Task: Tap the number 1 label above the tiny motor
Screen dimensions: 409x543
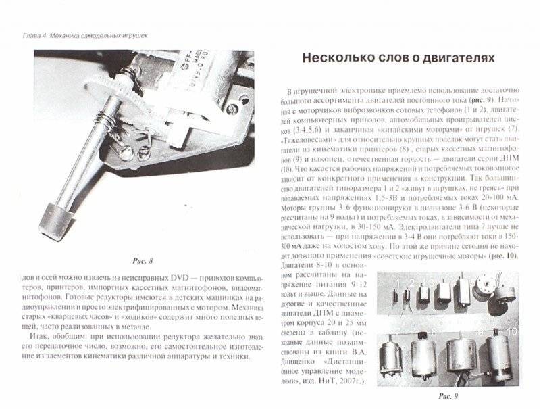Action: point(399,281)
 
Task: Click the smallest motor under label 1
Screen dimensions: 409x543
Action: point(399,297)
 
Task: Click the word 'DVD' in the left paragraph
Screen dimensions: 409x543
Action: point(157,279)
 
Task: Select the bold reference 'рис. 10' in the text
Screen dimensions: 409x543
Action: point(504,257)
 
